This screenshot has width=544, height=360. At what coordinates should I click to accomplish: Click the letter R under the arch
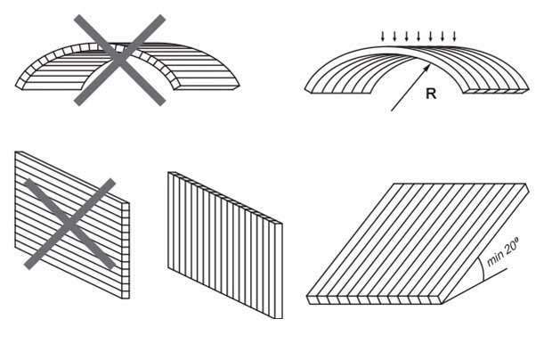pyautogui.click(x=430, y=93)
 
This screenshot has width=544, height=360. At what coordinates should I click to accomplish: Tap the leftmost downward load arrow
pyautogui.click(x=384, y=37)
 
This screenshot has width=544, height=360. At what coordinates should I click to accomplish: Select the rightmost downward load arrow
pyautogui.click(x=454, y=37)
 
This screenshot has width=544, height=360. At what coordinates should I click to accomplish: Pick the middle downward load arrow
pyautogui.click(x=418, y=37)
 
